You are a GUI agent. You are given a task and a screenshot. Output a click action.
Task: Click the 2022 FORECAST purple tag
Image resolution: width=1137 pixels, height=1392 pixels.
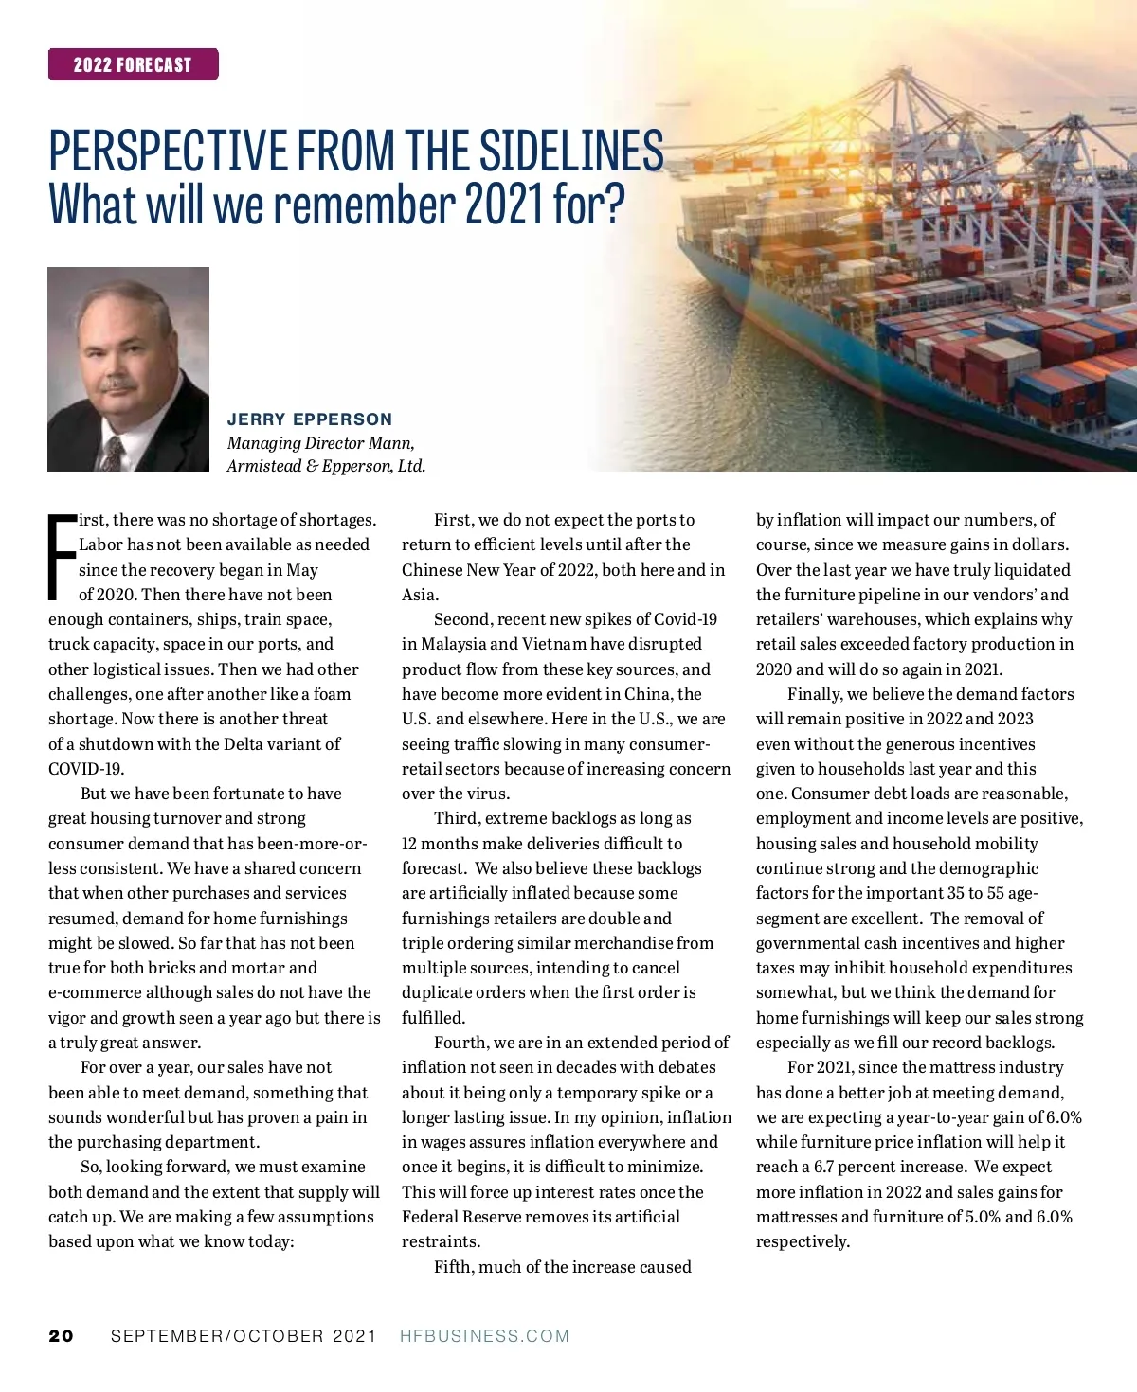pos(133,64)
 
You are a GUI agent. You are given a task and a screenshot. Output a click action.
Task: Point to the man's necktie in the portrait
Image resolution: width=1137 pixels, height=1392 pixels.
pos(113,453)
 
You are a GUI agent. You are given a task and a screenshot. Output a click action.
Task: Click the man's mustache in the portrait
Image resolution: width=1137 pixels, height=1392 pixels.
pos(117,384)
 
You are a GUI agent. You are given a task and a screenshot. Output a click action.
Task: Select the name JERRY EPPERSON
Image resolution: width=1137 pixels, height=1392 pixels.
pos(309,419)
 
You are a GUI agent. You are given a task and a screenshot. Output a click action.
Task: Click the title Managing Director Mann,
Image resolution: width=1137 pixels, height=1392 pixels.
pos(320,443)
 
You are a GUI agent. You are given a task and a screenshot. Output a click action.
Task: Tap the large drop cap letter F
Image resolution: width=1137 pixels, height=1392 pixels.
pos(62,558)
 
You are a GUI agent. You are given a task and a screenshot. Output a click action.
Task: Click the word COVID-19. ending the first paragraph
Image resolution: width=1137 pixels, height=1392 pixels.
pos(86,769)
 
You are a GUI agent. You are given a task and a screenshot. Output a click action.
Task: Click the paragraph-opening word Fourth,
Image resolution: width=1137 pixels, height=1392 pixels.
pos(461,1043)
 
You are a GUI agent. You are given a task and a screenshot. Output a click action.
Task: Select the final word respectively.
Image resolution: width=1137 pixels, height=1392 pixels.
pos(803,1241)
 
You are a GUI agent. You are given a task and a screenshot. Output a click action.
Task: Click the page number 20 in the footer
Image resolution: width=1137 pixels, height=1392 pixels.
pos(61,1336)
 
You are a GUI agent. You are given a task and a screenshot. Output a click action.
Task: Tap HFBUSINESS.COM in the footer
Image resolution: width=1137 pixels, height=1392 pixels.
pos(484,1336)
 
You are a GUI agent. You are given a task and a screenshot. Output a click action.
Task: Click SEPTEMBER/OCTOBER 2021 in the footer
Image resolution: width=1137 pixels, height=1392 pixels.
pos(244,1336)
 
